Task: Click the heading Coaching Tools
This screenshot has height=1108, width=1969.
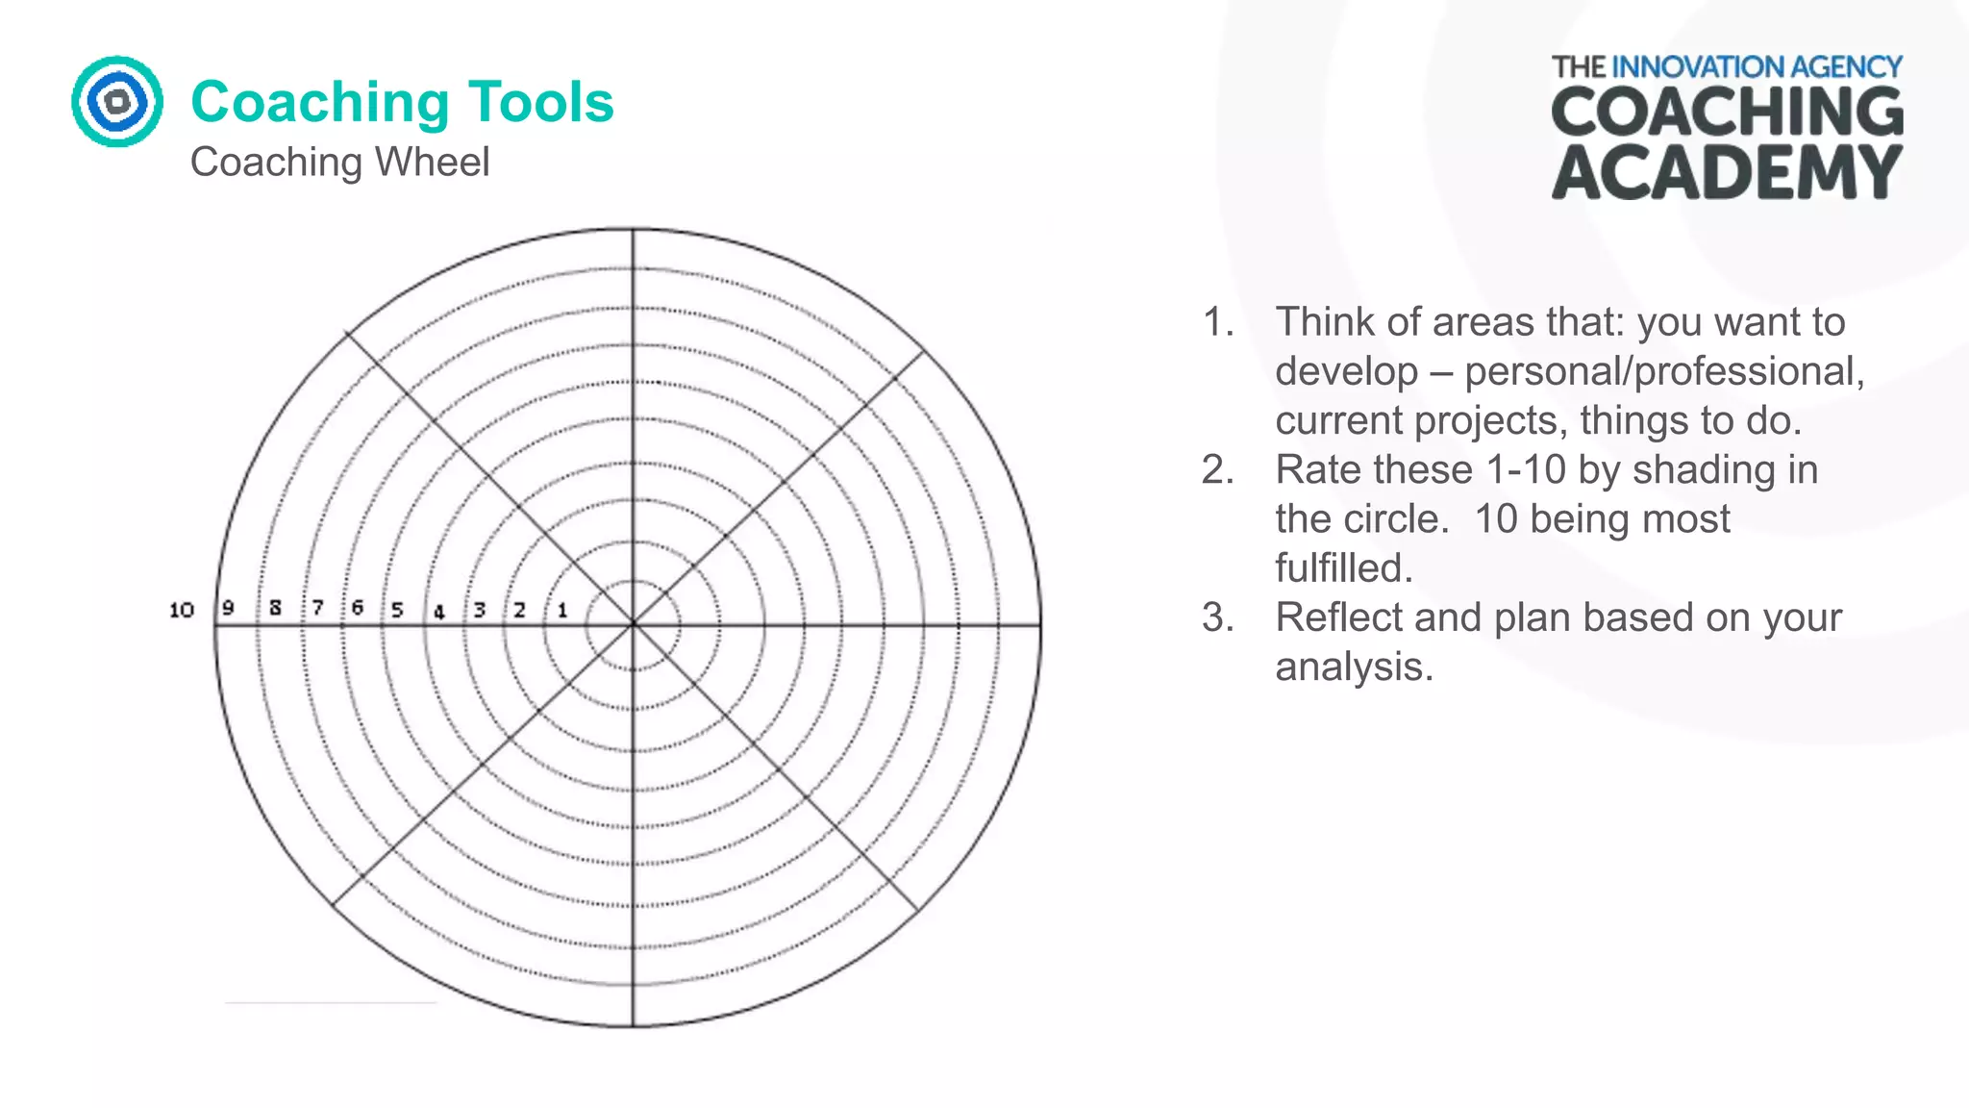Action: (x=402, y=102)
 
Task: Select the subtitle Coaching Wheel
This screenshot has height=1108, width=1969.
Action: (x=339, y=162)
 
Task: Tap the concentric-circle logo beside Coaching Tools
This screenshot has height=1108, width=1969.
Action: (x=117, y=101)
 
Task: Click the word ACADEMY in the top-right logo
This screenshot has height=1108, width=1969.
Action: (x=1727, y=173)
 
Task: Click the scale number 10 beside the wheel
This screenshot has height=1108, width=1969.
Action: (x=182, y=610)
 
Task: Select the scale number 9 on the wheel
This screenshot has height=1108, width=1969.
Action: (x=228, y=608)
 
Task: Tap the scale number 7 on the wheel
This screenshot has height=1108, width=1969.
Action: (x=317, y=608)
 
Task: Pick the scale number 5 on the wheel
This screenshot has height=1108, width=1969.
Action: (x=397, y=610)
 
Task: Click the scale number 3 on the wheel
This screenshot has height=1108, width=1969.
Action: (x=479, y=610)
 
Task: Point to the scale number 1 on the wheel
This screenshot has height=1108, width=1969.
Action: (x=562, y=610)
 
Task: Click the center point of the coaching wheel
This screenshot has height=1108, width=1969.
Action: (x=634, y=625)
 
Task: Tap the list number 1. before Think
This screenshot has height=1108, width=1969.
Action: (x=1218, y=322)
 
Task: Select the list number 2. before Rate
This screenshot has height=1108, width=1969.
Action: (x=1218, y=470)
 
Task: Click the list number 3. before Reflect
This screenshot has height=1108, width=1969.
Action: (x=1218, y=617)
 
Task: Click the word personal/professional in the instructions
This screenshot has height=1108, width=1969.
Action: (x=1663, y=371)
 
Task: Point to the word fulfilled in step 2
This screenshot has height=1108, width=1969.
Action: (x=1342, y=568)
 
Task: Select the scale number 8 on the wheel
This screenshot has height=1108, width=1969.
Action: (x=276, y=608)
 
